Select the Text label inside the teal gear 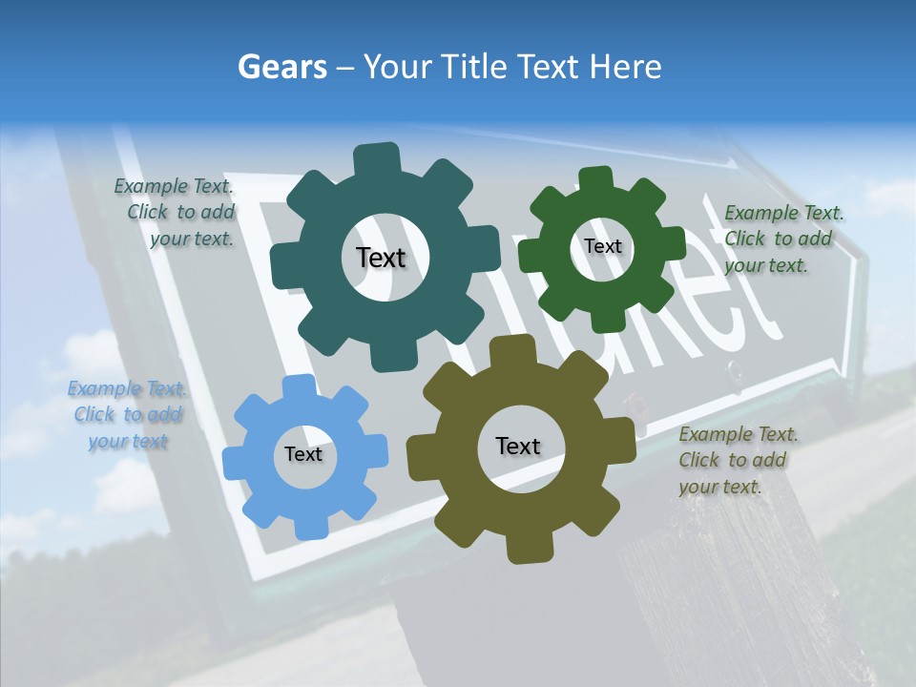coord(381,258)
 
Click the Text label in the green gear coord(602,246)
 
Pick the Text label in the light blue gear coord(303,455)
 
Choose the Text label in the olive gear coord(518,447)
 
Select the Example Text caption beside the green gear coord(782,239)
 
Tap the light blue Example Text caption coord(127,414)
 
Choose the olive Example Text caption coord(737,460)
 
